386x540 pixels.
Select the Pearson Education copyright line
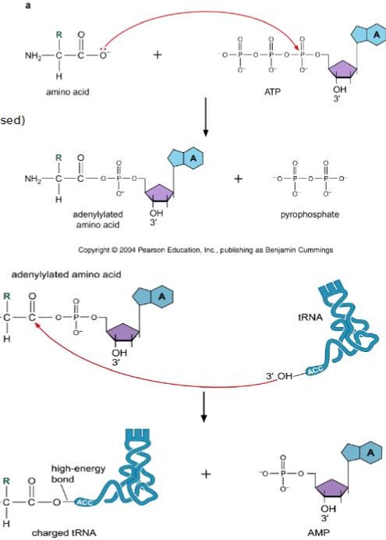point(196,250)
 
